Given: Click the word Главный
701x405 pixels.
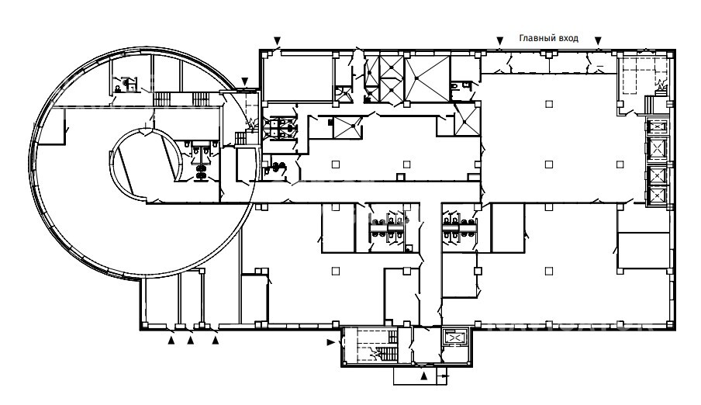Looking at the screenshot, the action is click(535, 39).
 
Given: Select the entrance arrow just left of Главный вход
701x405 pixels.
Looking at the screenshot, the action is click(500, 40).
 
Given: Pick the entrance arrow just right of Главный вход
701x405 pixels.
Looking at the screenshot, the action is click(598, 40).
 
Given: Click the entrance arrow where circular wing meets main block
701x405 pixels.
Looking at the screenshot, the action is click(244, 81).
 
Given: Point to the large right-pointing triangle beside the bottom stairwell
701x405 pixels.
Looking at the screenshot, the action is click(331, 342).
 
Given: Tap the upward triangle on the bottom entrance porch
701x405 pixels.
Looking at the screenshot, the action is click(424, 376).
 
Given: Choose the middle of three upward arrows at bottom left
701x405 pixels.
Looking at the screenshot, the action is click(191, 341).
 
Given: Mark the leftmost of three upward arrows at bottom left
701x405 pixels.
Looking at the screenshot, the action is click(171, 341).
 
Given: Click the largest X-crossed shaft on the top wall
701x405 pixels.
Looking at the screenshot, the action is click(427, 78).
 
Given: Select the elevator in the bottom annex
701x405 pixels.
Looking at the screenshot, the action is click(454, 337).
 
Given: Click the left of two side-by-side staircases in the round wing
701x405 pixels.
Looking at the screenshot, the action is click(162, 99).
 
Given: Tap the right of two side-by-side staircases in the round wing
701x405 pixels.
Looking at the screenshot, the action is click(200, 99).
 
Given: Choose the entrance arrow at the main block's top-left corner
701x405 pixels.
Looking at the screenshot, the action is click(277, 40).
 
